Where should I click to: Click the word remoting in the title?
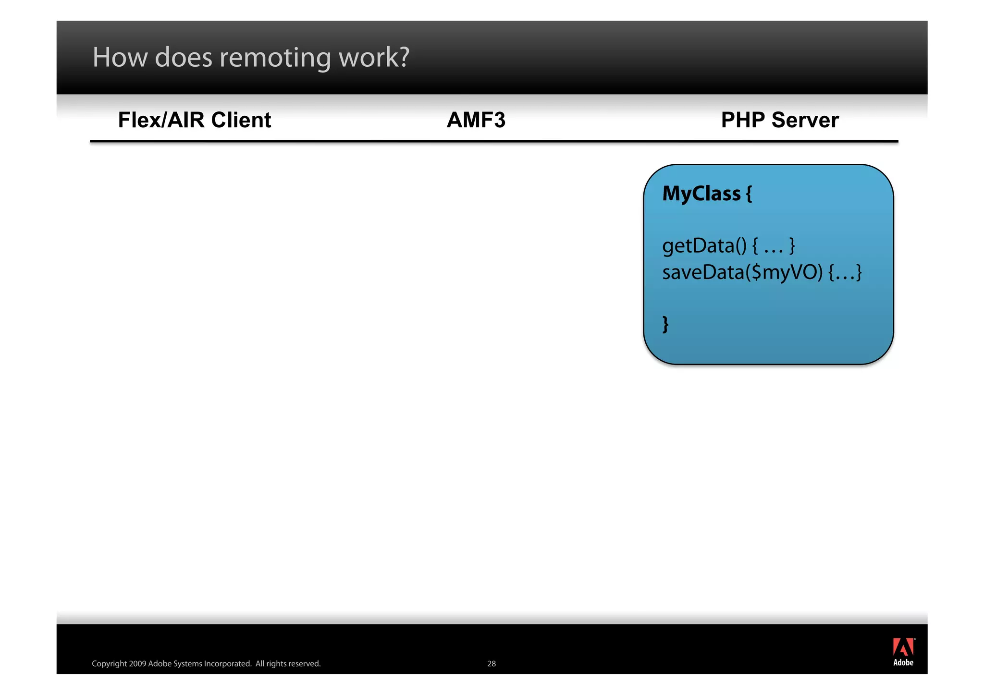[x=275, y=58]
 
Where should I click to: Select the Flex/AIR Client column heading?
[x=195, y=120]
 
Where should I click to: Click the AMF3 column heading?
[x=476, y=120]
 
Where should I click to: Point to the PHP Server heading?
[x=779, y=120]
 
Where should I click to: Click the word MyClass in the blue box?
[x=701, y=194]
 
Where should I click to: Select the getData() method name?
[x=704, y=246]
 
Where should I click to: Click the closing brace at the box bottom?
[x=665, y=324]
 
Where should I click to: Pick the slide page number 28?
[x=491, y=664]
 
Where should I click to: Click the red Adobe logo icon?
[x=903, y=647]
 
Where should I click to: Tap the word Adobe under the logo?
[x=903, y=663]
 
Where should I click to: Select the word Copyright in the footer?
[x=109, y=664]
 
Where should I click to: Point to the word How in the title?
[x=120, y=58]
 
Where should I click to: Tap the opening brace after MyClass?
[x=749, y=194]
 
